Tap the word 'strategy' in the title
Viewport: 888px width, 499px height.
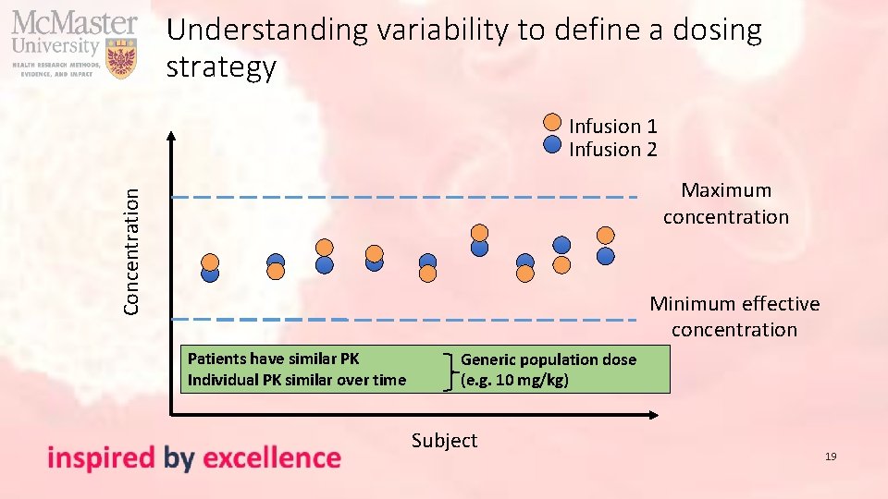pyautogui.click(x=221, y=67)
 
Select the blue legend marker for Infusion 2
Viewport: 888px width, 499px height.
pyautogui.click(x=551, y=144)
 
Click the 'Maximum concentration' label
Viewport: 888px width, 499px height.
pyautogui.click(x=725, y=203)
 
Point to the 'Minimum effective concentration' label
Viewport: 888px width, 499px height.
pyautogui.click(x=734, y=316)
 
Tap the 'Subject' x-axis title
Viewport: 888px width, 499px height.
pyautogui.click(x=444, y=441)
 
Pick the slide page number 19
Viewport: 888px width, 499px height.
pyautogui.click(x=830, y=456)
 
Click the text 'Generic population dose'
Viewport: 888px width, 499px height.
pyautogui.click(x=548, y=359)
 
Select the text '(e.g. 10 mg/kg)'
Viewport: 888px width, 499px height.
pyautogui.click(x=514, y=380)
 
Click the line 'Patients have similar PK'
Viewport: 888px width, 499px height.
pyautogui.click(x=273, y=359)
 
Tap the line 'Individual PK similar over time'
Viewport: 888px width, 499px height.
pyautogui.click(x=296, y=380)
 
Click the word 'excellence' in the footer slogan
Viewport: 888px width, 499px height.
pyautogui.click(x=271, y=457)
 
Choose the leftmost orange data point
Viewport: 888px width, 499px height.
pyautogui.click(x=211, y=261)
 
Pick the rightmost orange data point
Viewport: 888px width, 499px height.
pyautogui.click(x=605, y=235)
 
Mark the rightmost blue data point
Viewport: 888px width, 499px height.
pyautogui.click(x=605, y=255)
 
